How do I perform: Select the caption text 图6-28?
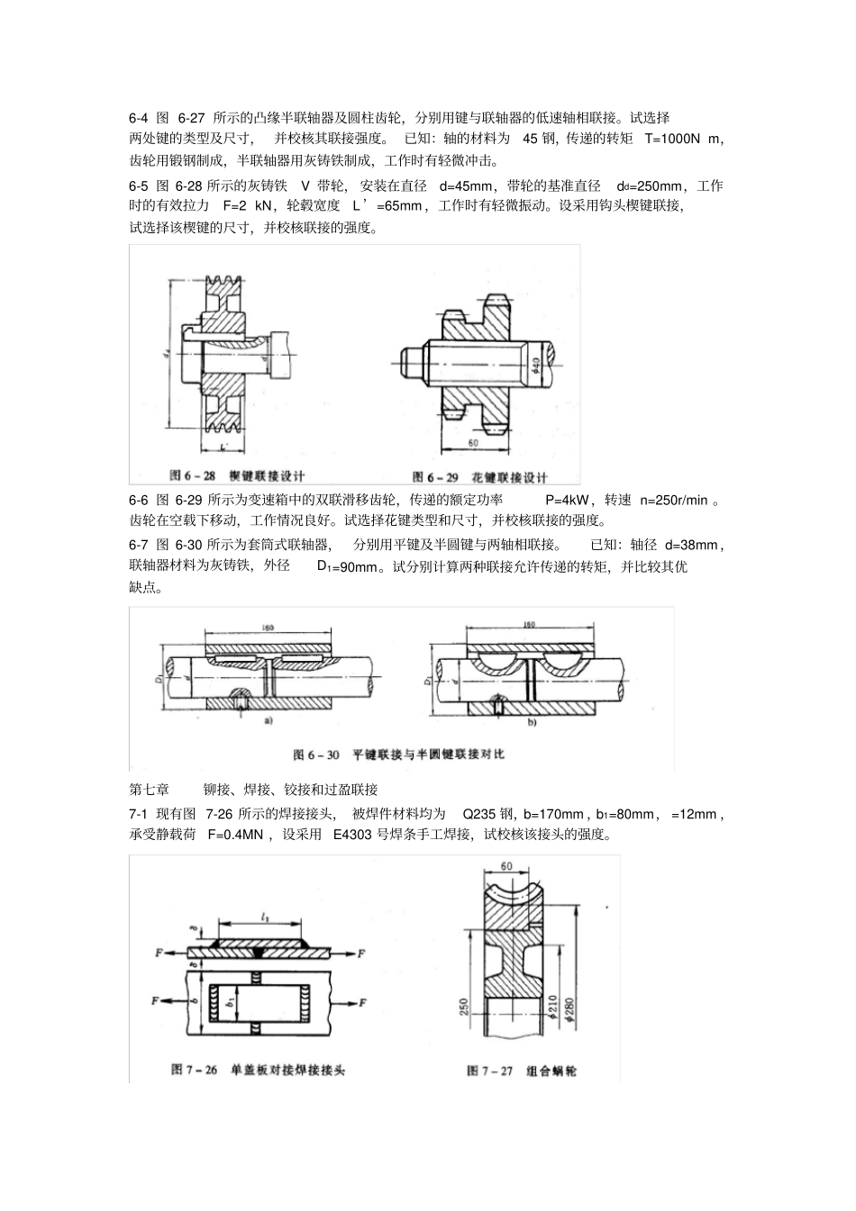(193, 475)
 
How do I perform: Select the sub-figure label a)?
(269, 721)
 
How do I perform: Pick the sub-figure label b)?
(530, 721)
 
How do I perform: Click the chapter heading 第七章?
(150, 790)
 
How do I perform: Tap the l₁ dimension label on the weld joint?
(265, 916)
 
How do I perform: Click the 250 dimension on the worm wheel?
(463, 1006)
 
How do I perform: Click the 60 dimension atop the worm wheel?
(507, 865)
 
